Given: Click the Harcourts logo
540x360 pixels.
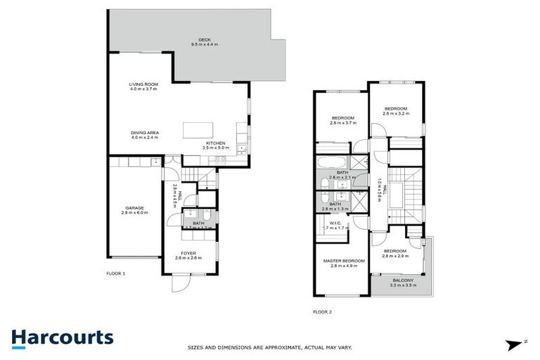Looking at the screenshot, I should coord(63,337).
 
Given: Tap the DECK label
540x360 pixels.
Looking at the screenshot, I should coord(205,39).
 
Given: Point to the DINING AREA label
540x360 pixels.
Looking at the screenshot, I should coord(144,132).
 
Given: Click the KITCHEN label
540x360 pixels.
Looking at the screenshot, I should coord(215,143).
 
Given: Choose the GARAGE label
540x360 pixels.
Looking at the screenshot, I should coord(135,207).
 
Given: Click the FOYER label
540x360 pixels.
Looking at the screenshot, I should coord(188,252).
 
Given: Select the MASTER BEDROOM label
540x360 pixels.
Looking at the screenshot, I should coord(344,262).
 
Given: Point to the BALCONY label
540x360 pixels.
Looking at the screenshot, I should coord(403,281).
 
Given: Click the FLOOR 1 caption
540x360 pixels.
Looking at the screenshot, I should coord(115,273).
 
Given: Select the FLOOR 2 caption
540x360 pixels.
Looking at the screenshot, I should coord(322,311).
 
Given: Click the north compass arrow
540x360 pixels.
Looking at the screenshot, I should coord(512,344).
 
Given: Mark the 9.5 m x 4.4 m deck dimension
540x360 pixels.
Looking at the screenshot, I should coord(205,44).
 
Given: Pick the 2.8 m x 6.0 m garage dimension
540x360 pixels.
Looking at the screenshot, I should coord(135,212).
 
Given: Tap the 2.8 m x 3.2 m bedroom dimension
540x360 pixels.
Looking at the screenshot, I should coord(395,112).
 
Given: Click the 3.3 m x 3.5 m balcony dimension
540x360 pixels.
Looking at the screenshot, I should coord(403,285).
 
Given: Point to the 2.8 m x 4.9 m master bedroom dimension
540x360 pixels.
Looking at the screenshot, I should coord(344,266).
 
